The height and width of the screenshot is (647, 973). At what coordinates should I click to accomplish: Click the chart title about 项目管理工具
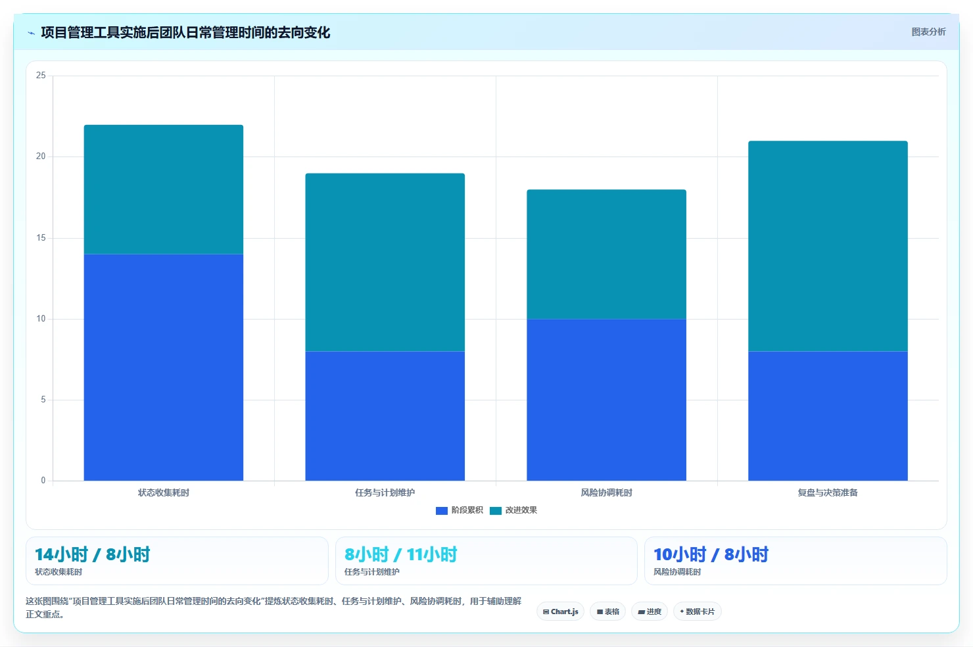click(185, 33)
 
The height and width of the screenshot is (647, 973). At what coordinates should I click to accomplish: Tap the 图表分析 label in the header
click(928, 32)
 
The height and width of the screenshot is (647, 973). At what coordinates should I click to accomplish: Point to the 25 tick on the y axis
click(41, 75)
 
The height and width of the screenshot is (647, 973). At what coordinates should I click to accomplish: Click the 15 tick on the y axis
click(41, 237)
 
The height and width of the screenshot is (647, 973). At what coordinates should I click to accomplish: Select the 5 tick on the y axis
click(43, 399)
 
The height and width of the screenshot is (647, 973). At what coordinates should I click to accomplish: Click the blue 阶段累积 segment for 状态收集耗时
click(163, 367)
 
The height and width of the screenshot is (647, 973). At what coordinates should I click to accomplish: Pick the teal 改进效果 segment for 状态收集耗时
click(163, 189)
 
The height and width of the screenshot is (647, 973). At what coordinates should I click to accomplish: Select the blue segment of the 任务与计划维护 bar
click(385, 416)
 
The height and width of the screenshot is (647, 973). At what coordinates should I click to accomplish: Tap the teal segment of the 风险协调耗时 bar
click(606, 254)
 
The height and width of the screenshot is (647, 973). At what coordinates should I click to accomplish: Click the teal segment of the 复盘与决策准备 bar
click(828, 246)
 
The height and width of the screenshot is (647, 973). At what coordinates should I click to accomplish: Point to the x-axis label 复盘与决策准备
click(828, 492)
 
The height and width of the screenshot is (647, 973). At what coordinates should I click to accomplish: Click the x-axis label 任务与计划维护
click(385, 492)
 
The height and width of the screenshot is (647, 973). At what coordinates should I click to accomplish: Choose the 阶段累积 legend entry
click(460, 510)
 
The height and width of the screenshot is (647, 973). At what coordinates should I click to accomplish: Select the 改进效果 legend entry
click(513, 510)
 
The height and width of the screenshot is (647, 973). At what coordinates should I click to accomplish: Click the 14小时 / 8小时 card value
click(93, 554)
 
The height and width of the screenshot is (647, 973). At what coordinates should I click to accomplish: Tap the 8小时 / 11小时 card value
click(400, 554)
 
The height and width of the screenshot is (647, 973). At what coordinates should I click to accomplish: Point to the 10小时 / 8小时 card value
click(711, 554)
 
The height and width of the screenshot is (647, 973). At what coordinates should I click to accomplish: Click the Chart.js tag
click(560, 611)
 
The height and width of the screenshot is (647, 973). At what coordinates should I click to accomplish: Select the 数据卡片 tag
click(697, 611)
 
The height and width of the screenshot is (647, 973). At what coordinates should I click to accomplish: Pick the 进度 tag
click(650, 611)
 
